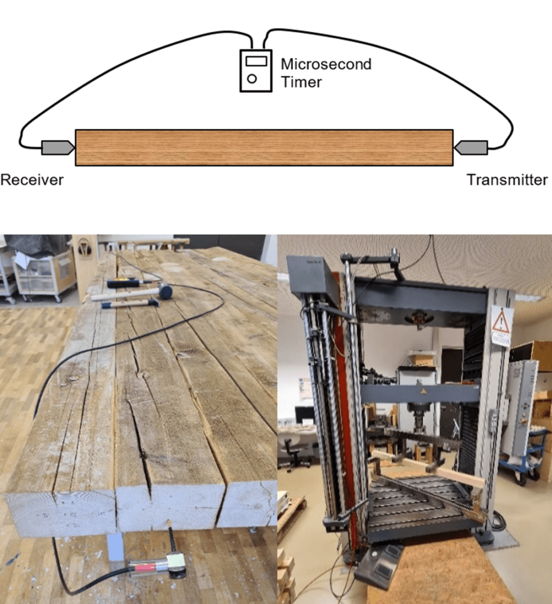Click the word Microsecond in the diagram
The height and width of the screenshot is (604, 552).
point(326,64)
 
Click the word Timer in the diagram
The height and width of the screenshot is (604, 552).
point(301,82)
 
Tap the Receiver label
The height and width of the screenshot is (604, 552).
point(32,180)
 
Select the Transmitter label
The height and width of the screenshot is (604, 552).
point(507,180)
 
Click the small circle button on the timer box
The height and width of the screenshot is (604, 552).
point(252,78)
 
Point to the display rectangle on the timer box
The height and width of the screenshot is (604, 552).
point(256,61)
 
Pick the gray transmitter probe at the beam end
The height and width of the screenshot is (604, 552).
point(471,148)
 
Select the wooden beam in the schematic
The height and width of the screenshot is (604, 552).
point(264,148)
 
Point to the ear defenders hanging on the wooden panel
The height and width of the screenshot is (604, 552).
point(84,247)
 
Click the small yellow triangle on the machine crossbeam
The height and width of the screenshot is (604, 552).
point(424,392)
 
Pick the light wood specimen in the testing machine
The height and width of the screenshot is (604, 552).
point(429,467)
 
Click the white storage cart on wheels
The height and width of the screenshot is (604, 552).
point(44,275)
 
